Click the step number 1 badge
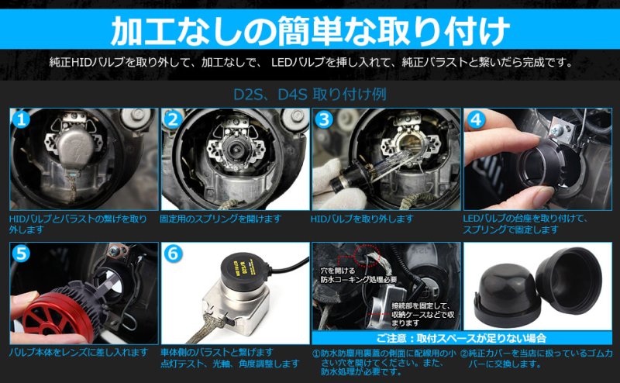[x=21, y=119]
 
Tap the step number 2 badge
[x=173, y=119]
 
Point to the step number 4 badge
[x=476, y=119]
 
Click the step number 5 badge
[x=21, y=254]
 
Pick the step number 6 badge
[x=173, y=254]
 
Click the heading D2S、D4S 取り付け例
[x=309, y=95]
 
